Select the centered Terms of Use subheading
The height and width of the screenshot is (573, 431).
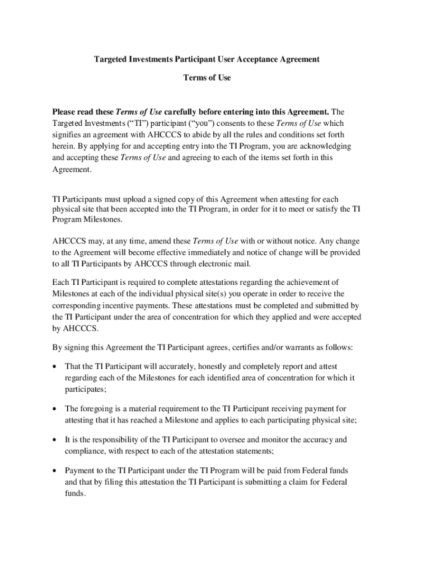pyautogui.click(x=207, y=78)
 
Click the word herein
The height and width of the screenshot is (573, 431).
pyautogui.click(x=64, y=146)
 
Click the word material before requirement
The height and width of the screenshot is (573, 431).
pyautogui.click(x=142, y=408)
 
